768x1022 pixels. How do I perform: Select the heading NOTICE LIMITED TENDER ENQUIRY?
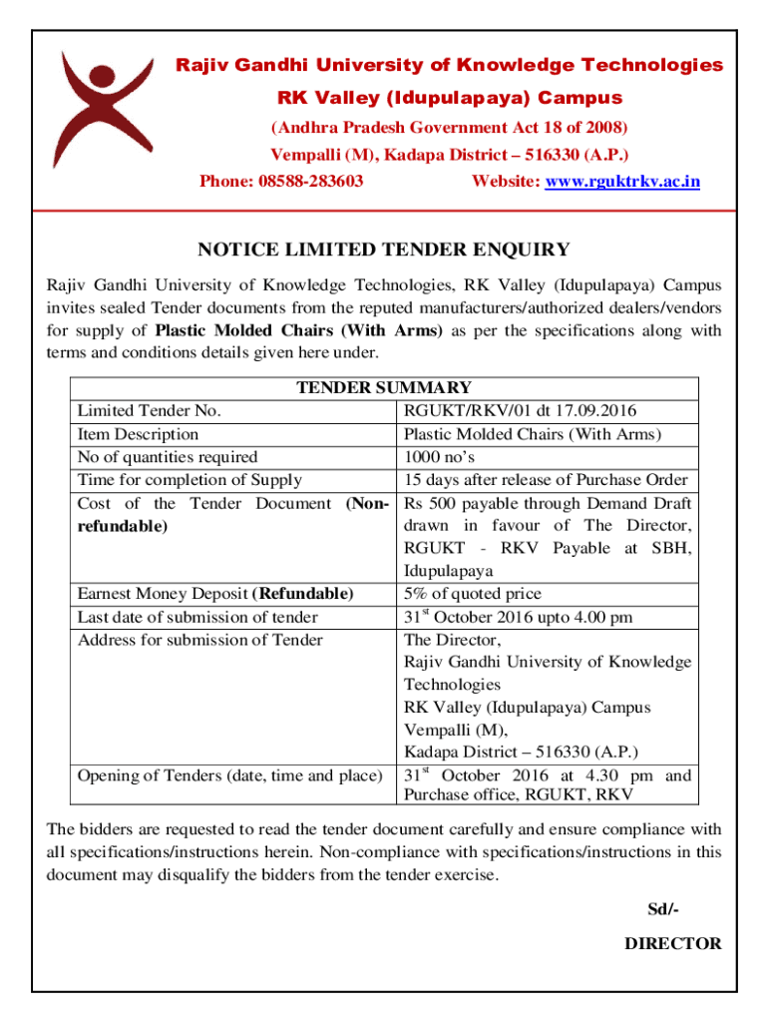tap(383, 250)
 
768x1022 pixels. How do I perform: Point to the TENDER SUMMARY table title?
tap(384, 388)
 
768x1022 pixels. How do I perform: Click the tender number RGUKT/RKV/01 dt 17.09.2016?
tap(520, 411)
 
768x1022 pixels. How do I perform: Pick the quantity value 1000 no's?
tap(439, 457)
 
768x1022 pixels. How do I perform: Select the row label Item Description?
tap(138, 434)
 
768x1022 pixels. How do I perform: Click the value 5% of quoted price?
tap(473, 594)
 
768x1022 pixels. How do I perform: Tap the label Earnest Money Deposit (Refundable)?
tap(215, 594)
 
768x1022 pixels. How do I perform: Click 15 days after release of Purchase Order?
tap(546, 480)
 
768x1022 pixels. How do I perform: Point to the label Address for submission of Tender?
tap(199, 640)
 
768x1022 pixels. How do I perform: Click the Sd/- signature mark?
tap(663, 909)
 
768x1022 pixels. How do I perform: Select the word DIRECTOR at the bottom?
tap(672, 943)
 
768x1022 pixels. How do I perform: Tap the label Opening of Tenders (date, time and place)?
tap(230, 775)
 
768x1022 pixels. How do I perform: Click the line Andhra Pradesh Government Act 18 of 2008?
tap(450, 128)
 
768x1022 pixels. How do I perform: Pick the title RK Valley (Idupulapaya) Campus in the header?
tap(449, 98)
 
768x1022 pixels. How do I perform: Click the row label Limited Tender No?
tap(149, 411)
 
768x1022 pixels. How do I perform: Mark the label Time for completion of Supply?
tap(190, 480)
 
